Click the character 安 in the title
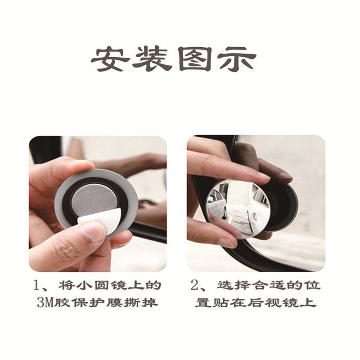[x=110, y=59]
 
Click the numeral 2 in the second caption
[x=195, y=285]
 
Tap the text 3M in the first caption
[x=45, y=303]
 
